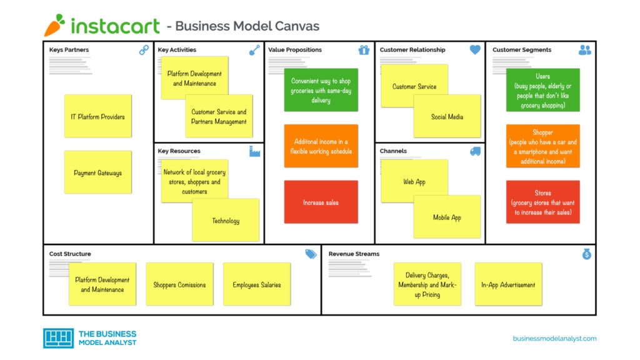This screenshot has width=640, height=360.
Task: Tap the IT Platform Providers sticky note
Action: tap(97, 116)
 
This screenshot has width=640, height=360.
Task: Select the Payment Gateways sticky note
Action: tap(97, 172)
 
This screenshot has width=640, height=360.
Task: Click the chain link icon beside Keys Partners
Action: tap(144, 51)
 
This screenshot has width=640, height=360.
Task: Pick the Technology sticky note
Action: tap(226, 220)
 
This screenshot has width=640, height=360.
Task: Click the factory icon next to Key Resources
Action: tap(254, 151)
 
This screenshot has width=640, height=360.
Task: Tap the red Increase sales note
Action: tap(321, 202)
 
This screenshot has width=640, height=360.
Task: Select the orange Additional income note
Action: tap(321, 146)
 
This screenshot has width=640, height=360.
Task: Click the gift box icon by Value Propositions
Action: tap(364, 50)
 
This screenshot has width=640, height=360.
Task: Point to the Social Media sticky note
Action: tap(447, 117)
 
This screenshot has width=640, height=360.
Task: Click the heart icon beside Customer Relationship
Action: tap(475, 50)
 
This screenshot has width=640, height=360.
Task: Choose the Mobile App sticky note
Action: tap(447, 217)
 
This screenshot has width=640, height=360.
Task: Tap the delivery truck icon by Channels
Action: tap(475, 151)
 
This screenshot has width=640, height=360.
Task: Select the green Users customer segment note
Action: tap(542, 91)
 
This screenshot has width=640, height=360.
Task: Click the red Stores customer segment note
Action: tap(542, 202)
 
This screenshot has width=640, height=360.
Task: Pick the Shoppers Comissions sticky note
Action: tap(179, 284)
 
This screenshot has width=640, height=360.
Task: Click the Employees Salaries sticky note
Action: tap(256, 284)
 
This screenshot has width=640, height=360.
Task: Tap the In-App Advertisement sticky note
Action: tap(507, 284)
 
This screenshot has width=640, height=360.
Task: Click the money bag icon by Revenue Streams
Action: tap(586, 254)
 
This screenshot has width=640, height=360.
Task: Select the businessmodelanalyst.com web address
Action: tap(554, 338)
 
